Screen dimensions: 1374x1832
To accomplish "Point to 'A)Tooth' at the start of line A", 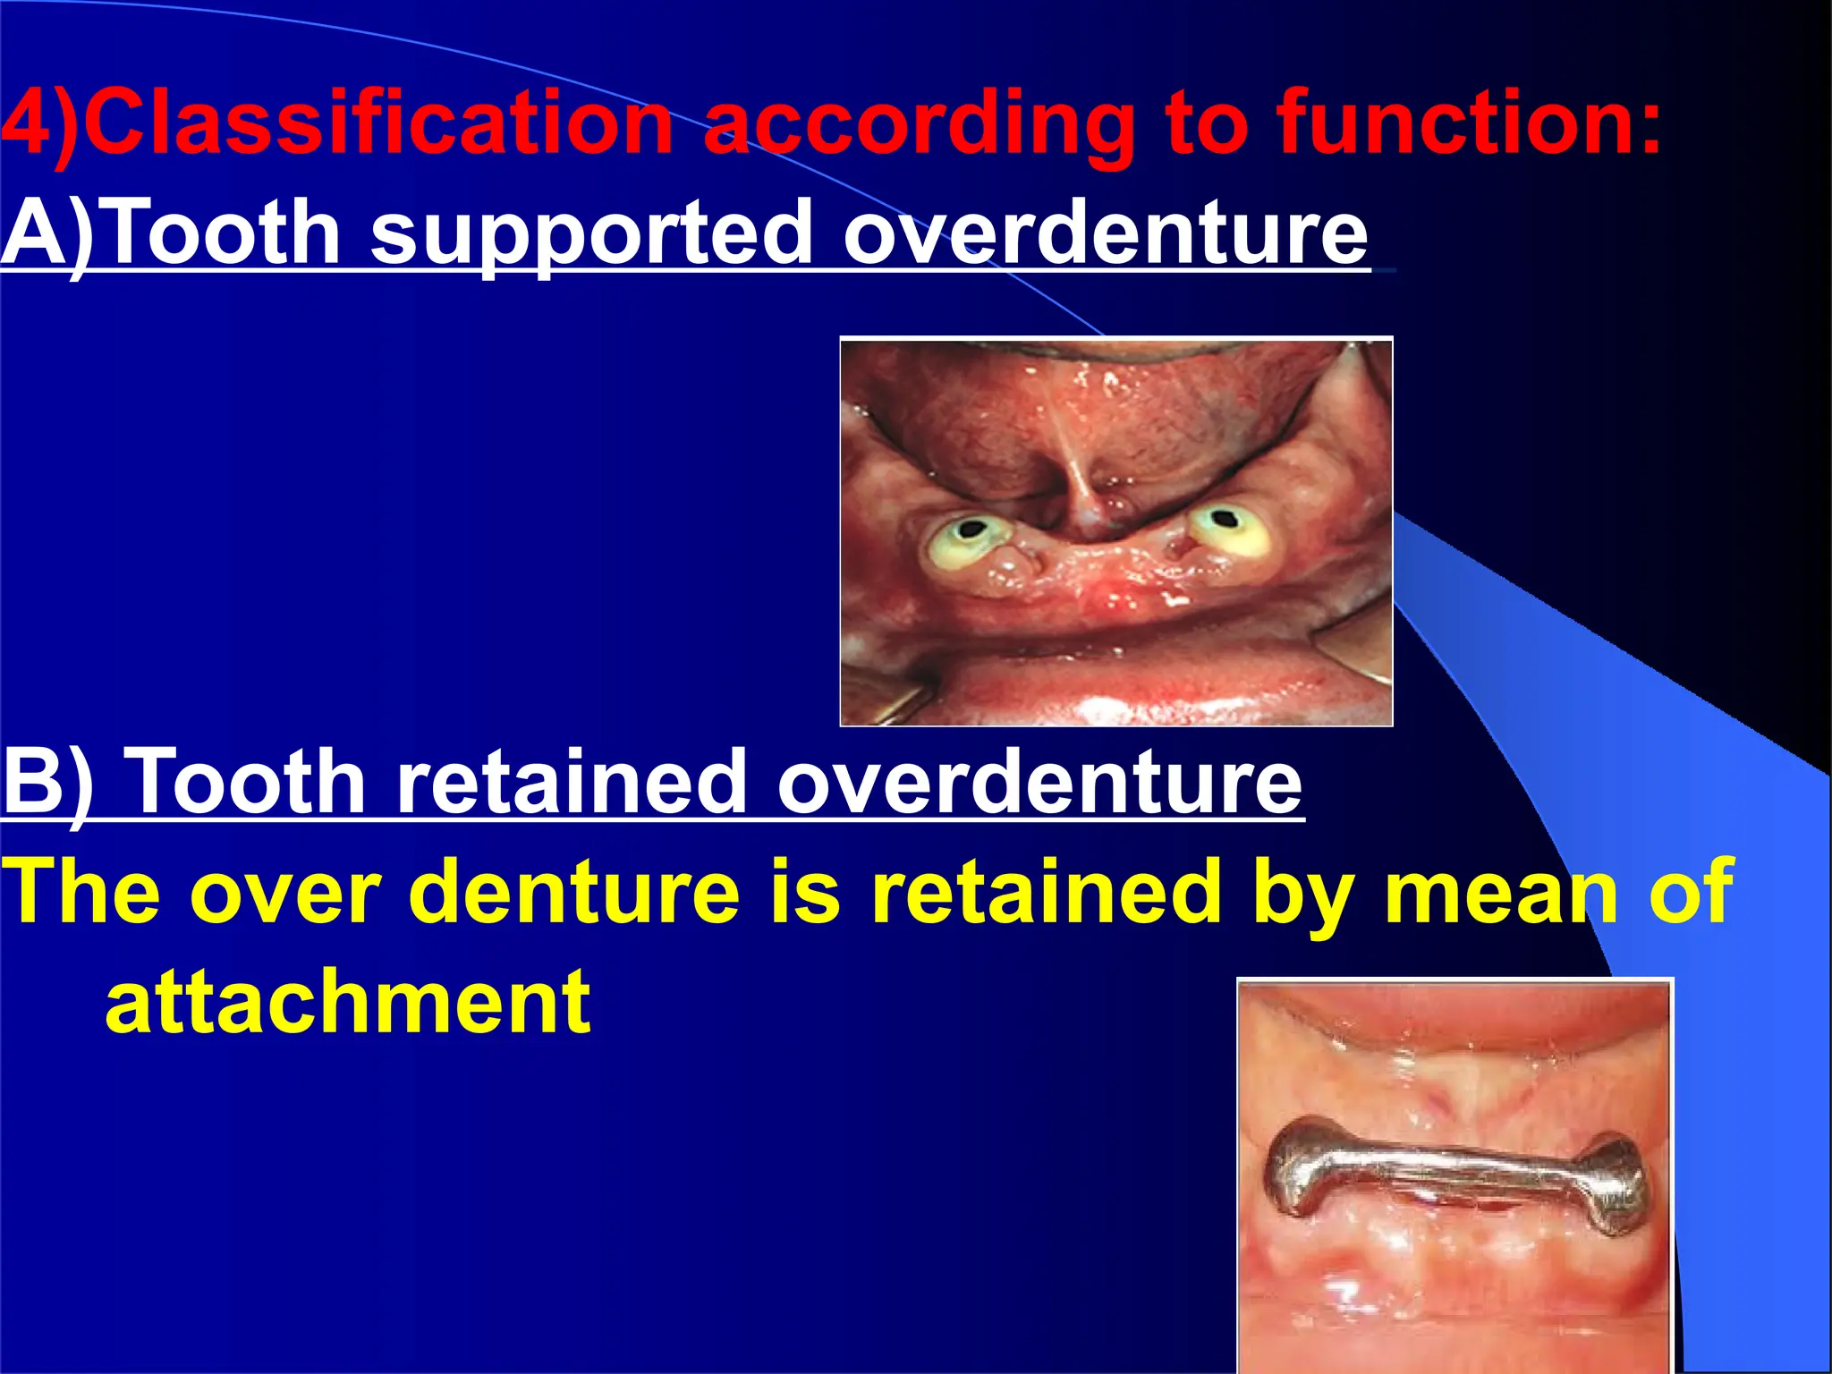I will point(170,233).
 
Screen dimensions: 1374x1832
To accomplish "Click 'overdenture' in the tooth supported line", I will point(1105,233).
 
